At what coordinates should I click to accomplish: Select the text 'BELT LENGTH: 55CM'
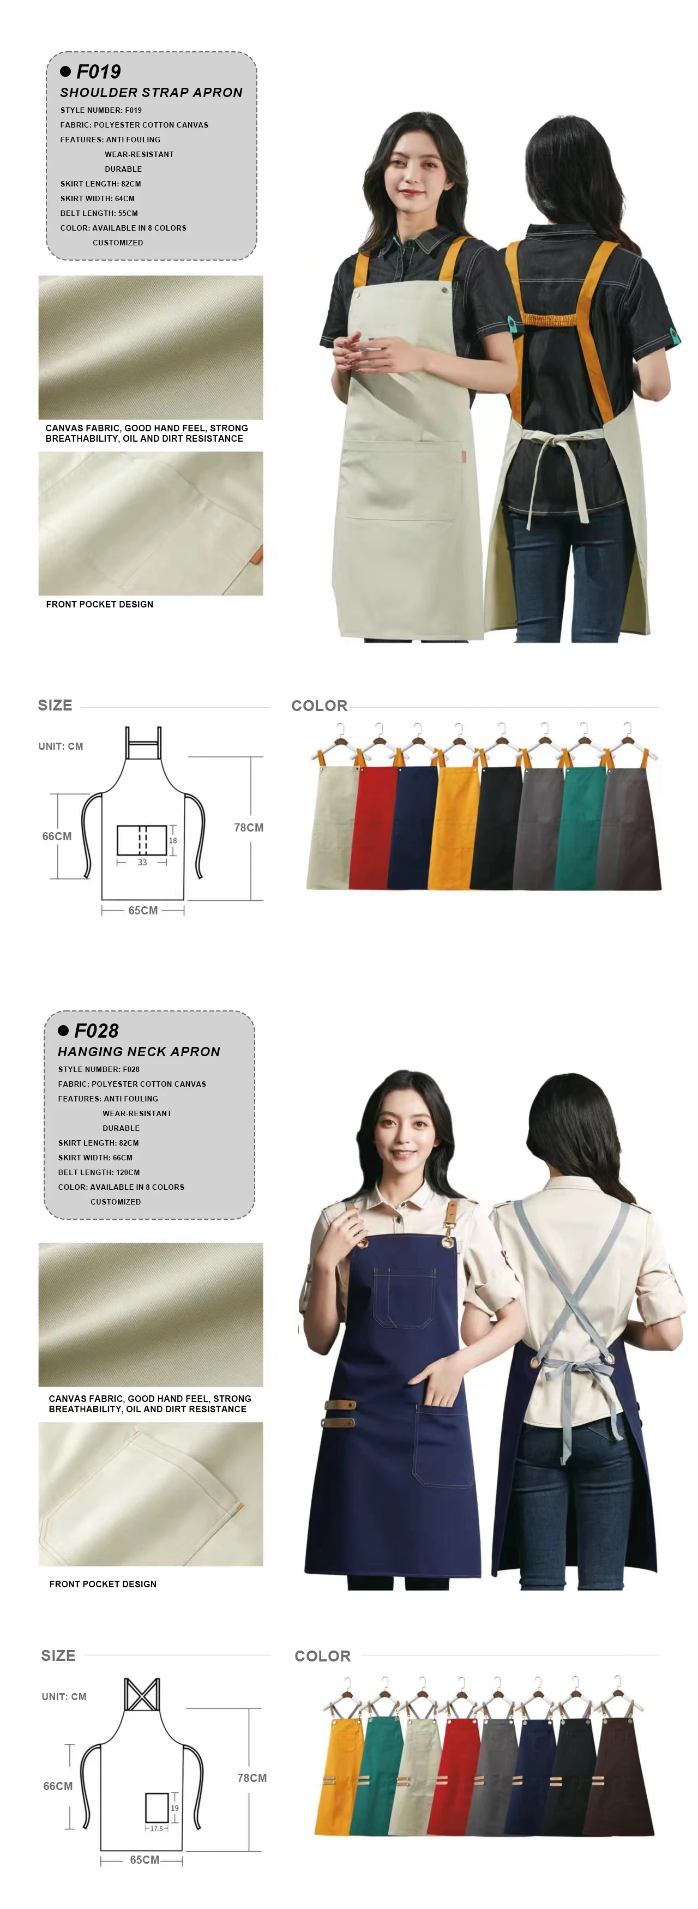point(99,213)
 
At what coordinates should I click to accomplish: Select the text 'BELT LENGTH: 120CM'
point(99,1172)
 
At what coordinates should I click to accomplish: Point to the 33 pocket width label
point(142,863)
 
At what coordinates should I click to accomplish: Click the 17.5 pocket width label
point(157,1828)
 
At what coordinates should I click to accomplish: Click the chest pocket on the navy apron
point(404,1297)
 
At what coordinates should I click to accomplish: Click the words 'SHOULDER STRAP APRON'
point(151,93)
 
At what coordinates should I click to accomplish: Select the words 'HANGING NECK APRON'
point(139,1052)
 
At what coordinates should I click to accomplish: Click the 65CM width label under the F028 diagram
point(145,1859)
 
